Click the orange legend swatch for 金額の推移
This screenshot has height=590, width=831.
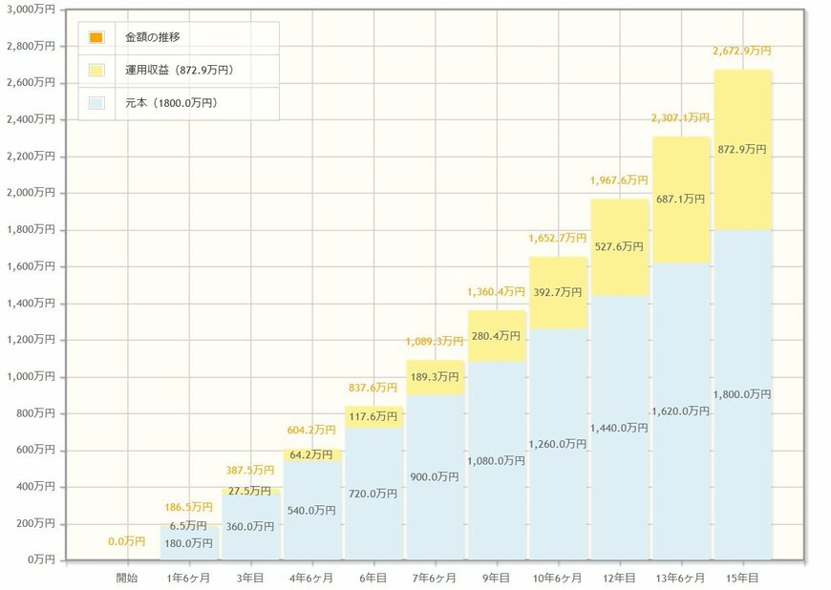(x=96, y=37)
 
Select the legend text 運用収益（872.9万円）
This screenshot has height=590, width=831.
(x=180, y=70)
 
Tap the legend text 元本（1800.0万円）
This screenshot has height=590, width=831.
(x=171, y=102)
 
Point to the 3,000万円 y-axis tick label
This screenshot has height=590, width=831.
(x=31, y=9)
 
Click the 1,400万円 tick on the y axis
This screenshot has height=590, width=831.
(x=31, y=303)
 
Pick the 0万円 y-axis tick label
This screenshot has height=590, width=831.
(x=38, y=559)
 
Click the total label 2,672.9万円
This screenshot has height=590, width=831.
(x=742, y=52)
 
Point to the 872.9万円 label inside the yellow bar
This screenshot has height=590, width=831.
(x=742, y=150)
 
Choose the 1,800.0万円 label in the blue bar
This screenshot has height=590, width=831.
(x=742, y=393)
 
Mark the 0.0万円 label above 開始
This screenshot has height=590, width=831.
(x=127, y=541)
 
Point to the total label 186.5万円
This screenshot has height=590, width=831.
(x=188, y=507)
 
